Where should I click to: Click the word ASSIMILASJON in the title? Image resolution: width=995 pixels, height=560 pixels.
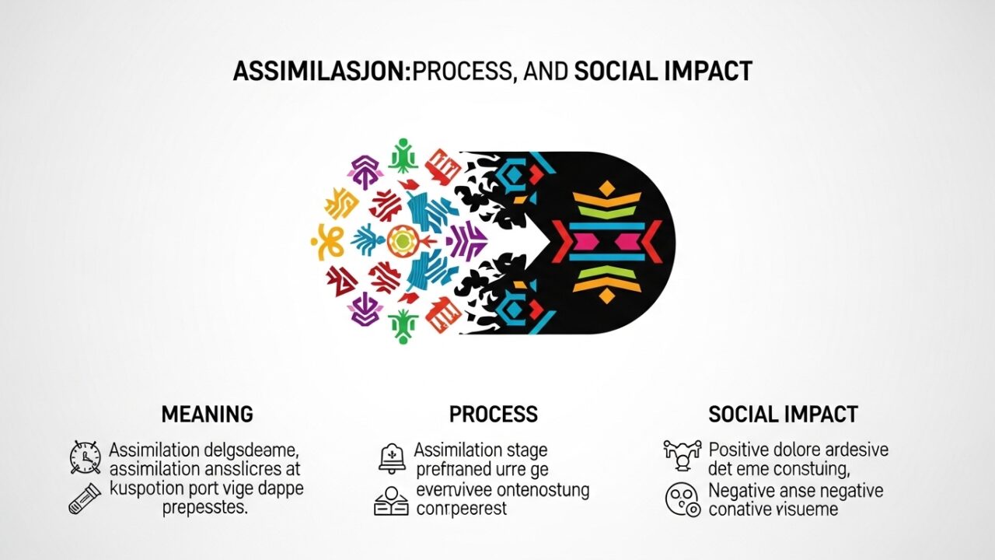(x=321, y=72)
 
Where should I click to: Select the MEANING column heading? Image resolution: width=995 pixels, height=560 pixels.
(x=207, y=415)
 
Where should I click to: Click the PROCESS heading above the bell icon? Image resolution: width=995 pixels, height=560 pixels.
(x=493, y=415)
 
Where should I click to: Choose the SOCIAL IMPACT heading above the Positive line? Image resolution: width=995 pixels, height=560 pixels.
(x=783, y=415)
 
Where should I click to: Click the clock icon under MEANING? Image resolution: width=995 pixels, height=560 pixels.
(x=85, y=457)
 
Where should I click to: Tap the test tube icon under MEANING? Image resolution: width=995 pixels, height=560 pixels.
(x=85, y=498)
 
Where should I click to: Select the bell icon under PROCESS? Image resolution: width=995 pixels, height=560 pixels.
(x=392, y=458)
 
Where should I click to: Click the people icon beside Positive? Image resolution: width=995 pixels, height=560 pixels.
(x=682, y=455)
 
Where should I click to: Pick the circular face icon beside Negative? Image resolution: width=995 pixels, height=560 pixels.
(x=683, y=499)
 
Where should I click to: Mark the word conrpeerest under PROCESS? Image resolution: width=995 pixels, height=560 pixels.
(x=462, y=509)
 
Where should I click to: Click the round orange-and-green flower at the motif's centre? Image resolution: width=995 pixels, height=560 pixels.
(x=401, y=241)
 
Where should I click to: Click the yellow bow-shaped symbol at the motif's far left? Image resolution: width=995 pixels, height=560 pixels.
(x=327, y=241)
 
